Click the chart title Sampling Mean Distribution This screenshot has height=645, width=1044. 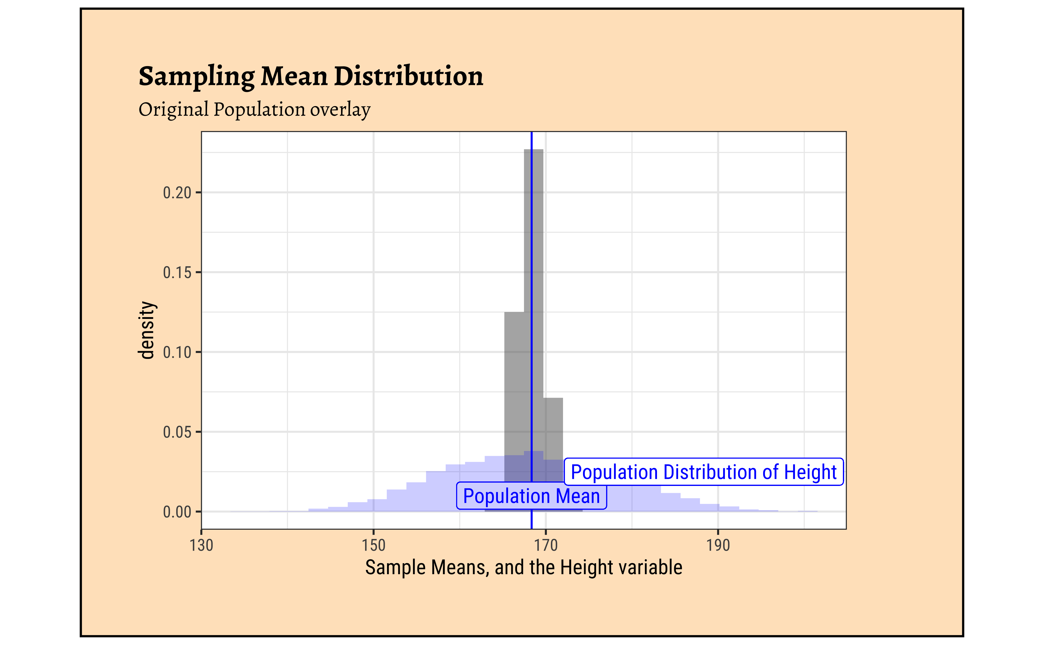[x=311, y=77]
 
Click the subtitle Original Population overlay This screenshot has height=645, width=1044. [x=254, y=110]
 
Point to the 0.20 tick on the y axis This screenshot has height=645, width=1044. [x=177, y=193]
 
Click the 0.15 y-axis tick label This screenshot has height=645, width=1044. [x=177, y=273]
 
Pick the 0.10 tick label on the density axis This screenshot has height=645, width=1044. [x=177, y=352]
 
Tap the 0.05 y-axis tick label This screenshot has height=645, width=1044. [x=177, y=432]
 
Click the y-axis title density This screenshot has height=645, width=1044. [x=147, y=330]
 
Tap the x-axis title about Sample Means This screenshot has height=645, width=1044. [x=523, y=568]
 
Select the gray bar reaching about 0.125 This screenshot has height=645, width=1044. [x=514, y=384]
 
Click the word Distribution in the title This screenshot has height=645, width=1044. [x=408, y=77]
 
